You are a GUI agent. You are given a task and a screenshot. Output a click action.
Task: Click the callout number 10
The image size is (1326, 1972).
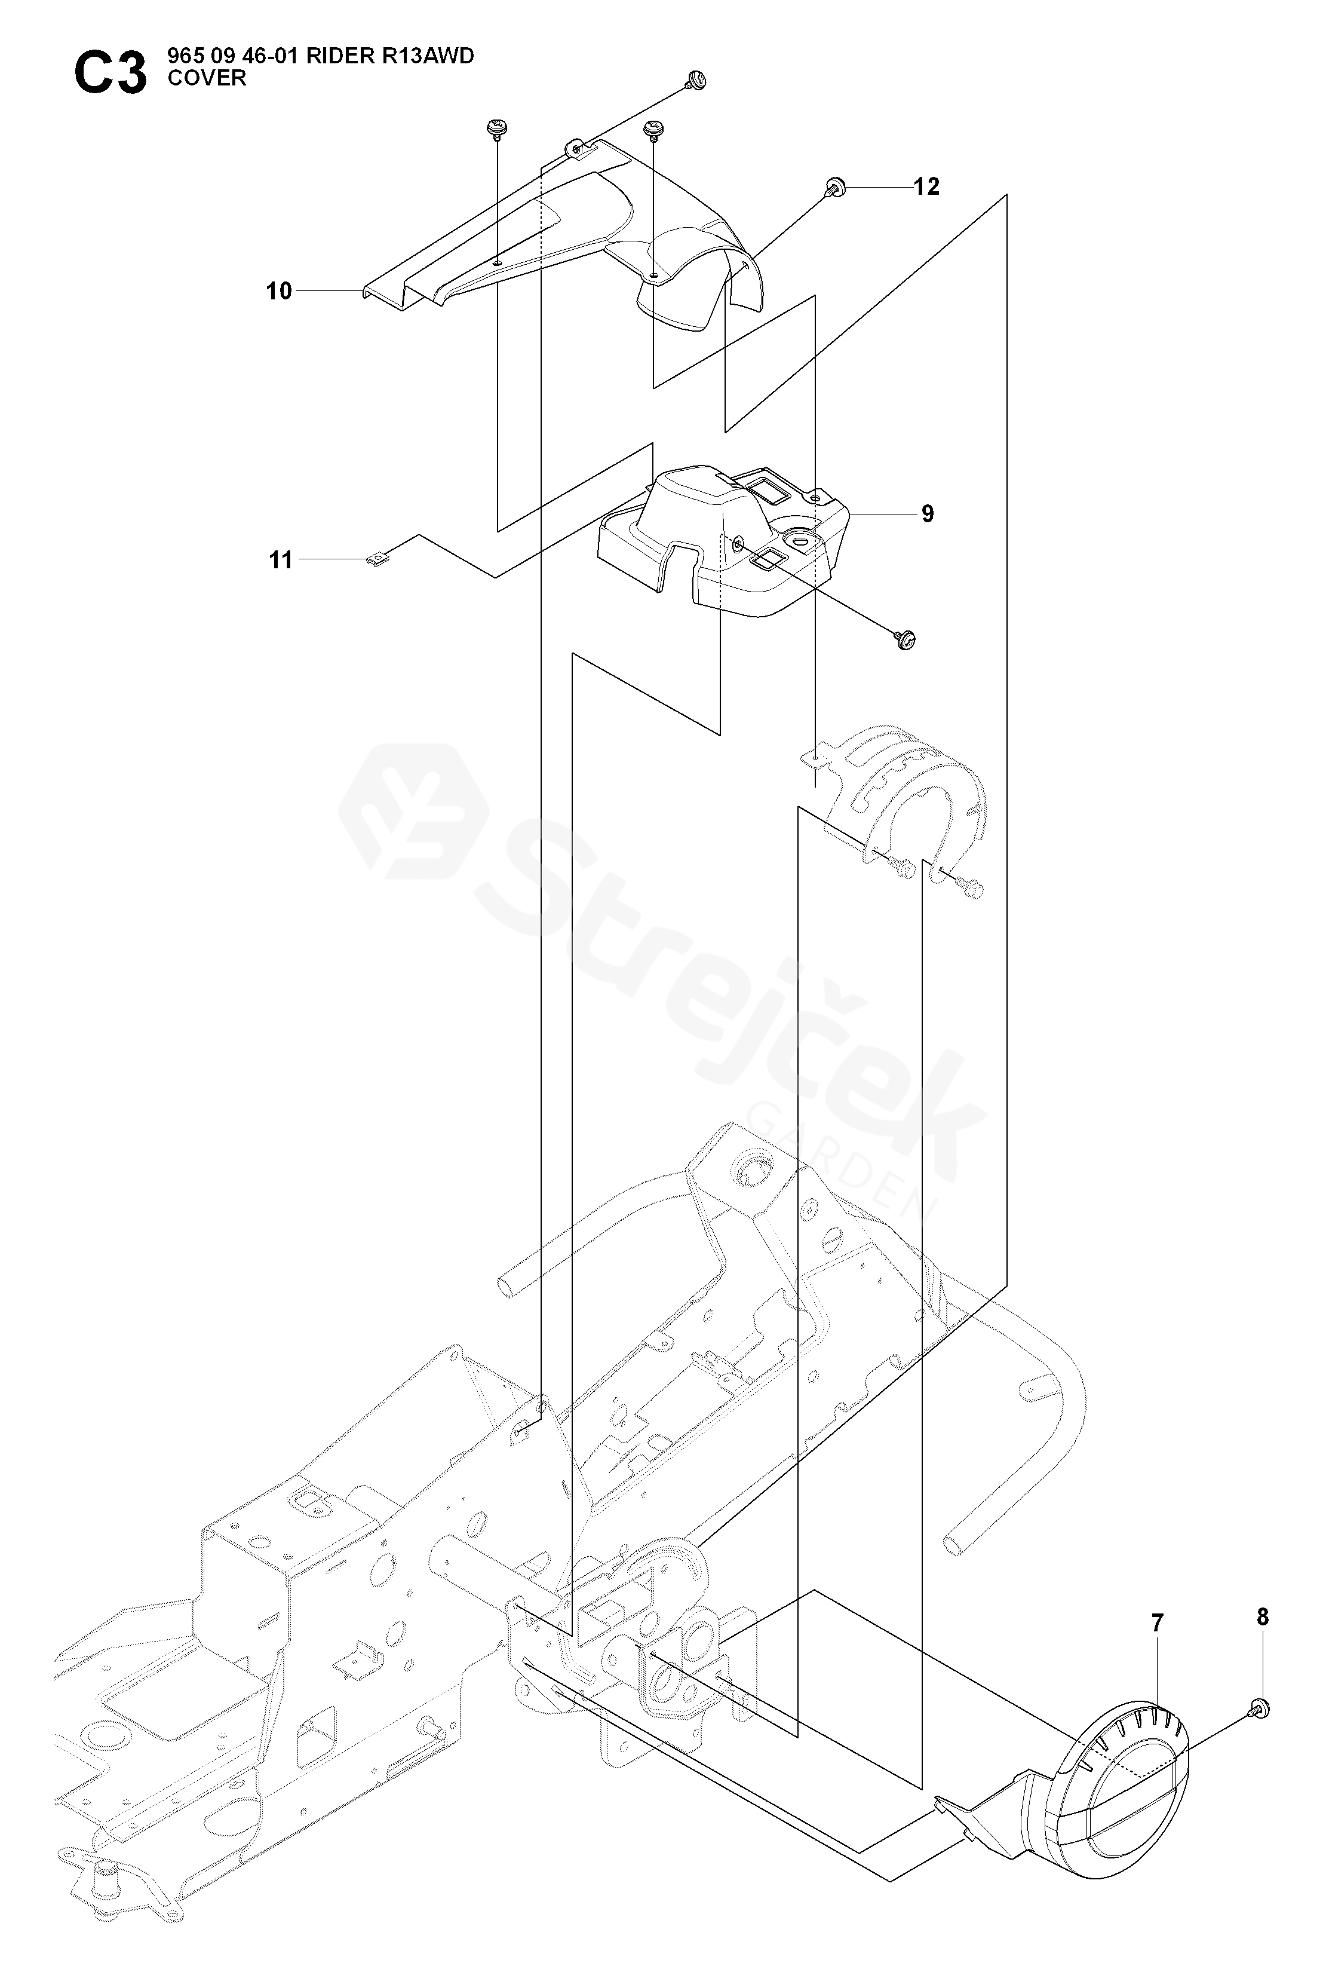point(279,291)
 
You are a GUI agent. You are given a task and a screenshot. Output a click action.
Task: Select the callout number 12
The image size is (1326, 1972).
point(927,186)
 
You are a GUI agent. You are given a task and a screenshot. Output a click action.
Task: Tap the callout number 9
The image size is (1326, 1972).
point(928,513)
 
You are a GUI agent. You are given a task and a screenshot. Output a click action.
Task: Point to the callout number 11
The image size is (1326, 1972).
point(281,560)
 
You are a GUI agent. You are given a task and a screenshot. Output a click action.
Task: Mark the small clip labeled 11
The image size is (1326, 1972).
point(376,559)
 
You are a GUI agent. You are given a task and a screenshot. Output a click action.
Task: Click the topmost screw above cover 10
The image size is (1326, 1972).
point(696,80)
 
